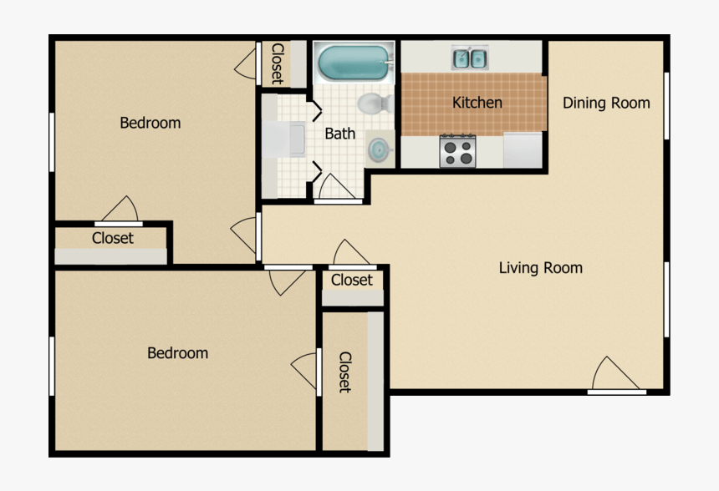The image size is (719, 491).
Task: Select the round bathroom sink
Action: [x=380, y=149]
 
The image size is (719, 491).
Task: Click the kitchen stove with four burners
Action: [x=457, y=151]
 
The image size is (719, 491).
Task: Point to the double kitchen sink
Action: [x=470, y=58]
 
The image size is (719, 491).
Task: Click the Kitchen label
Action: [x=477, y=103]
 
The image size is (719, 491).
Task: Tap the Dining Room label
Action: [x=606, y=103]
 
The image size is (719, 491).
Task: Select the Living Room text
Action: [x=541, y=268]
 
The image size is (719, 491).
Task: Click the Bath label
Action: [x=339, y=133]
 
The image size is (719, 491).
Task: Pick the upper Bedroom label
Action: [x=150, y=123]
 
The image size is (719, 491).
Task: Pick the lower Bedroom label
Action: [x=177, y=353]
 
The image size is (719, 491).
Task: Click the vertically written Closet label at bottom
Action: [x=344, y=372]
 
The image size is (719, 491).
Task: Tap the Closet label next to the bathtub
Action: [x=277, y=63]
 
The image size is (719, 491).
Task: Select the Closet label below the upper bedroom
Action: [x=113, y=238]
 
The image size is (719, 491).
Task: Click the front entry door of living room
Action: [x=617, y=377]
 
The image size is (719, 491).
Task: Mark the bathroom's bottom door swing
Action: [x=337, y=189]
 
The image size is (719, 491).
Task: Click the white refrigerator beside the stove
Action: [x=524, y=149]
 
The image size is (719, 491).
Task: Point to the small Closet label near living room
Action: [x=352, y=280]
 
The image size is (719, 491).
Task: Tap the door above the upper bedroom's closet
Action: [x=121, y=210]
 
